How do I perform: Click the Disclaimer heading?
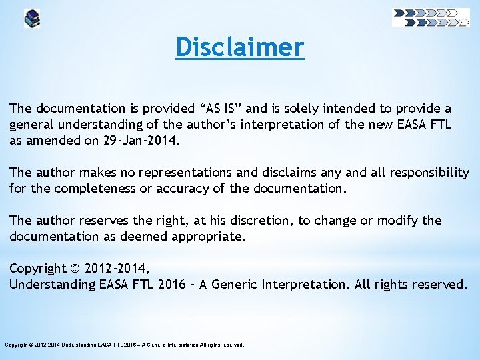[240, 47]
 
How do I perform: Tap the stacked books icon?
[32, 18]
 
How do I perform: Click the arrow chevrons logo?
[431, 17]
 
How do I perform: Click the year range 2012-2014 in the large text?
[119, 268]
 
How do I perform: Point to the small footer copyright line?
[125, 345]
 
